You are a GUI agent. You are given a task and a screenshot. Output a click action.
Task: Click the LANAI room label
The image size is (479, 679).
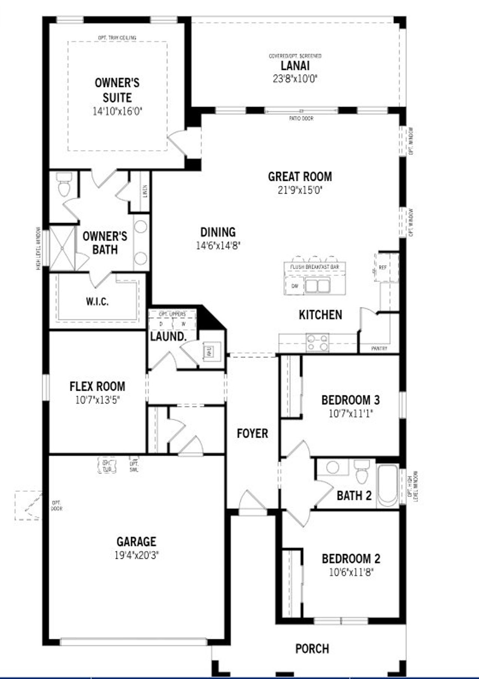(x=295, y=66)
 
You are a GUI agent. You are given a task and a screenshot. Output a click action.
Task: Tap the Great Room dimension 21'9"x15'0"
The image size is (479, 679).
(x=300, y=190)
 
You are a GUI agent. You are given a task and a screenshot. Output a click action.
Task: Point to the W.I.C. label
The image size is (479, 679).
(x=97, y=301)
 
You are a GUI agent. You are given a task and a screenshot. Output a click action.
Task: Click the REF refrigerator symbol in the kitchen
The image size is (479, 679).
(x=382, y=268)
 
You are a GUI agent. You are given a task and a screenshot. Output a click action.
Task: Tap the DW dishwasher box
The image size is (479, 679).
(x=295, y=286)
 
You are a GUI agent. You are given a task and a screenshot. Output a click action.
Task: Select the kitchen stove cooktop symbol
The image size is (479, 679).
(x=318, y=342)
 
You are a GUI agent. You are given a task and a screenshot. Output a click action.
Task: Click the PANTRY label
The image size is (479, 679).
(x=379, y=348)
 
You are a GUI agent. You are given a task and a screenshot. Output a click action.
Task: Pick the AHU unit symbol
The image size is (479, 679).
(x=209, y=351)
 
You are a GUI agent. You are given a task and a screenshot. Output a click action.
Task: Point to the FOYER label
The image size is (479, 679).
(x=253, y=434)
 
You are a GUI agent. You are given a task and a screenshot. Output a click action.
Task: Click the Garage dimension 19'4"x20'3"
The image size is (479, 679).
(x=137, y=556)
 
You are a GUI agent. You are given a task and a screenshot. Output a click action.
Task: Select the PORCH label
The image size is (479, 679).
(x=312, y=649)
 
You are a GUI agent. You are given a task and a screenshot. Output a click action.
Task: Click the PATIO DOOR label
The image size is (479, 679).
(x=301, y=119)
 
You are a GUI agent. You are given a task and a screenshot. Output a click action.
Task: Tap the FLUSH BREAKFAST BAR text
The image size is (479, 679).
(x=314, y=267)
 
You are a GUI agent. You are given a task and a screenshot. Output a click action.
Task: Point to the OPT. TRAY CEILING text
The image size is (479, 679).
(x=117, y=38)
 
